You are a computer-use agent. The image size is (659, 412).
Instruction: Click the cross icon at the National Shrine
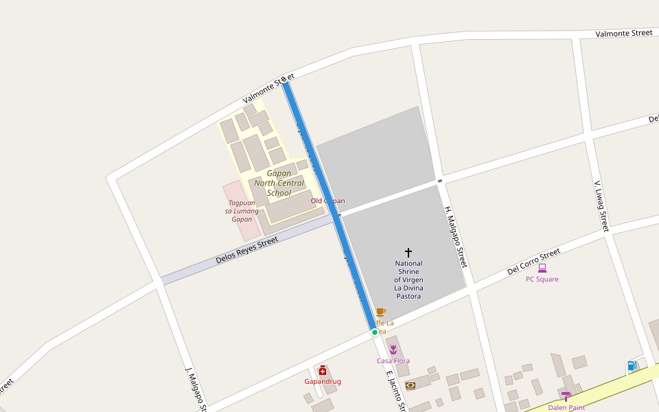(408, 253)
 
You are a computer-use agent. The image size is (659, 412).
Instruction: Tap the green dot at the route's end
(375, 332)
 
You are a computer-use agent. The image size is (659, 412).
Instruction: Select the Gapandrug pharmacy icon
(323, 371)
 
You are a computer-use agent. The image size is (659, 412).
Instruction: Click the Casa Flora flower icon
(393, 350)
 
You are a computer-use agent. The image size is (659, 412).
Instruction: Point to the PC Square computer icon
(542, 268)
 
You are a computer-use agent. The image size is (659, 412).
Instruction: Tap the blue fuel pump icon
(632, 366)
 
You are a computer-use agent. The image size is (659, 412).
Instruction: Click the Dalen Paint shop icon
(566, 396)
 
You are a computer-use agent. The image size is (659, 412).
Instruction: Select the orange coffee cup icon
(380, 312)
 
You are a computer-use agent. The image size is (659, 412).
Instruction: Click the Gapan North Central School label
(279, 183)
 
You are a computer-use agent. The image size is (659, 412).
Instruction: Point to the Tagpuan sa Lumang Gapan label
(242, 211)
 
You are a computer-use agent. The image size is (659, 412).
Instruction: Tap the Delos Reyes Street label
(246, 251)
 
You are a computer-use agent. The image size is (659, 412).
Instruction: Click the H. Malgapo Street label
(456, 237)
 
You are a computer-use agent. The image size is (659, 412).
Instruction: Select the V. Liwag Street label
(601, 206)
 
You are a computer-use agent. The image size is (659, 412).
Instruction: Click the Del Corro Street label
(533, 262)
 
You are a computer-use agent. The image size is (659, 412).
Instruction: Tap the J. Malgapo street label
(196, 389)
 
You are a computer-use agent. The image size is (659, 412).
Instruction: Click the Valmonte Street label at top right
(623, 33)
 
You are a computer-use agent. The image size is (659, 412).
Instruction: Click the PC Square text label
(542, 279)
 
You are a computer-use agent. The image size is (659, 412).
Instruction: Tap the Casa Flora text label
(393, 361)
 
